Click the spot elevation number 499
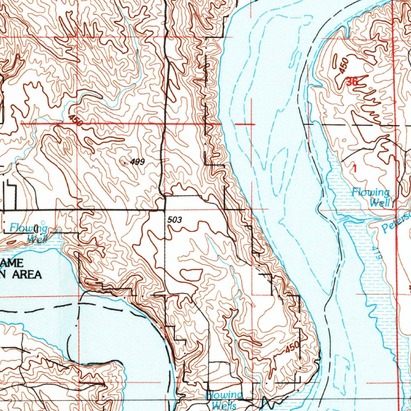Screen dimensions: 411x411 tap(137, 162)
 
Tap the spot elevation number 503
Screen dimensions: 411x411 tap(175, 220)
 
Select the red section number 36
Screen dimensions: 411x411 tap(352, 82)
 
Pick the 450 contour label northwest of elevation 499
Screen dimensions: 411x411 tap(75, 120)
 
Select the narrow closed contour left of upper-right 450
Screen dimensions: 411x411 tap(335, 61)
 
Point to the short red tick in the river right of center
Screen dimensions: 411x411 tap(245, 124)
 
